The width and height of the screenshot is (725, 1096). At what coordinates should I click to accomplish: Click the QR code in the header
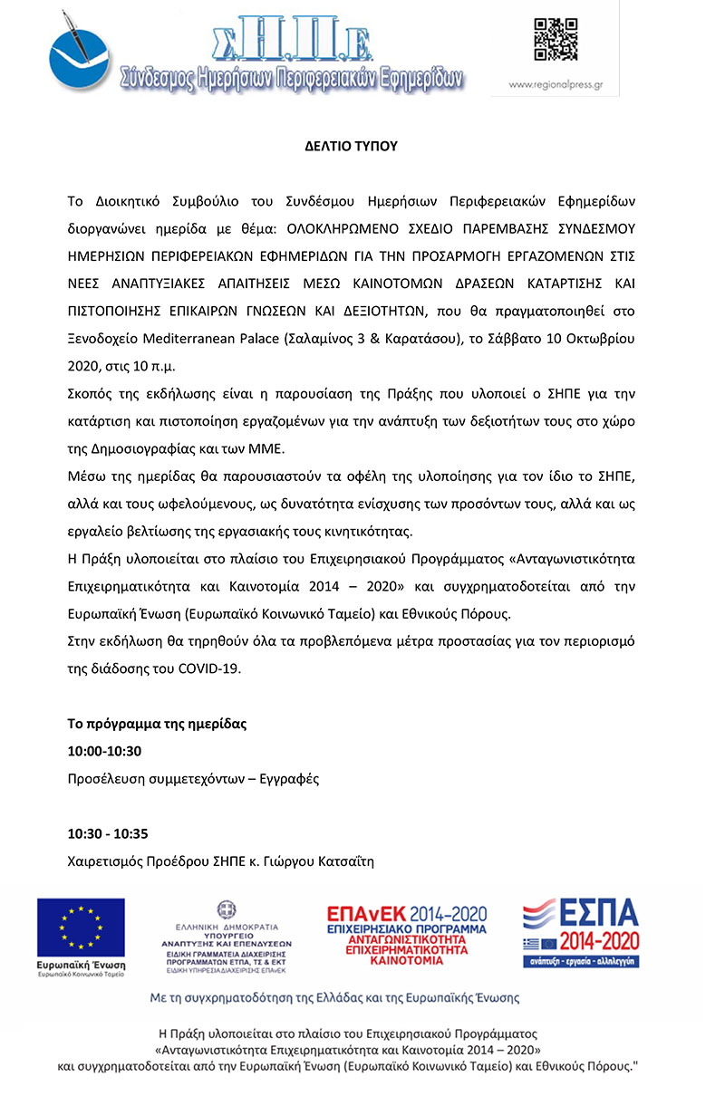pos(556,39)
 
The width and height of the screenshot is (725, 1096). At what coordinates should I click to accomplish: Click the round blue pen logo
pos(79,53)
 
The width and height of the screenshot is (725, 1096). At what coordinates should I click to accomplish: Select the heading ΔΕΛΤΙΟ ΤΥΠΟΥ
pos(350,145)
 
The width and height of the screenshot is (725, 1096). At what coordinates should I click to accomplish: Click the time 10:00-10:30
pos(104,751)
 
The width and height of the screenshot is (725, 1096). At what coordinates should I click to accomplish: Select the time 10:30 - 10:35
pos(108,833)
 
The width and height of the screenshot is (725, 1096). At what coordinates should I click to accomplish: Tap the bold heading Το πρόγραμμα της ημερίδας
pos(156,724)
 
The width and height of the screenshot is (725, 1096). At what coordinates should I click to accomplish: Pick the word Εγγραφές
pos(289,778)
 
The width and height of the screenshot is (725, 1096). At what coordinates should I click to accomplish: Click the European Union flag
pos(81,928)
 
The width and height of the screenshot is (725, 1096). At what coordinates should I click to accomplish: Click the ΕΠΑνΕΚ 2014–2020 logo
pos(407,933)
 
